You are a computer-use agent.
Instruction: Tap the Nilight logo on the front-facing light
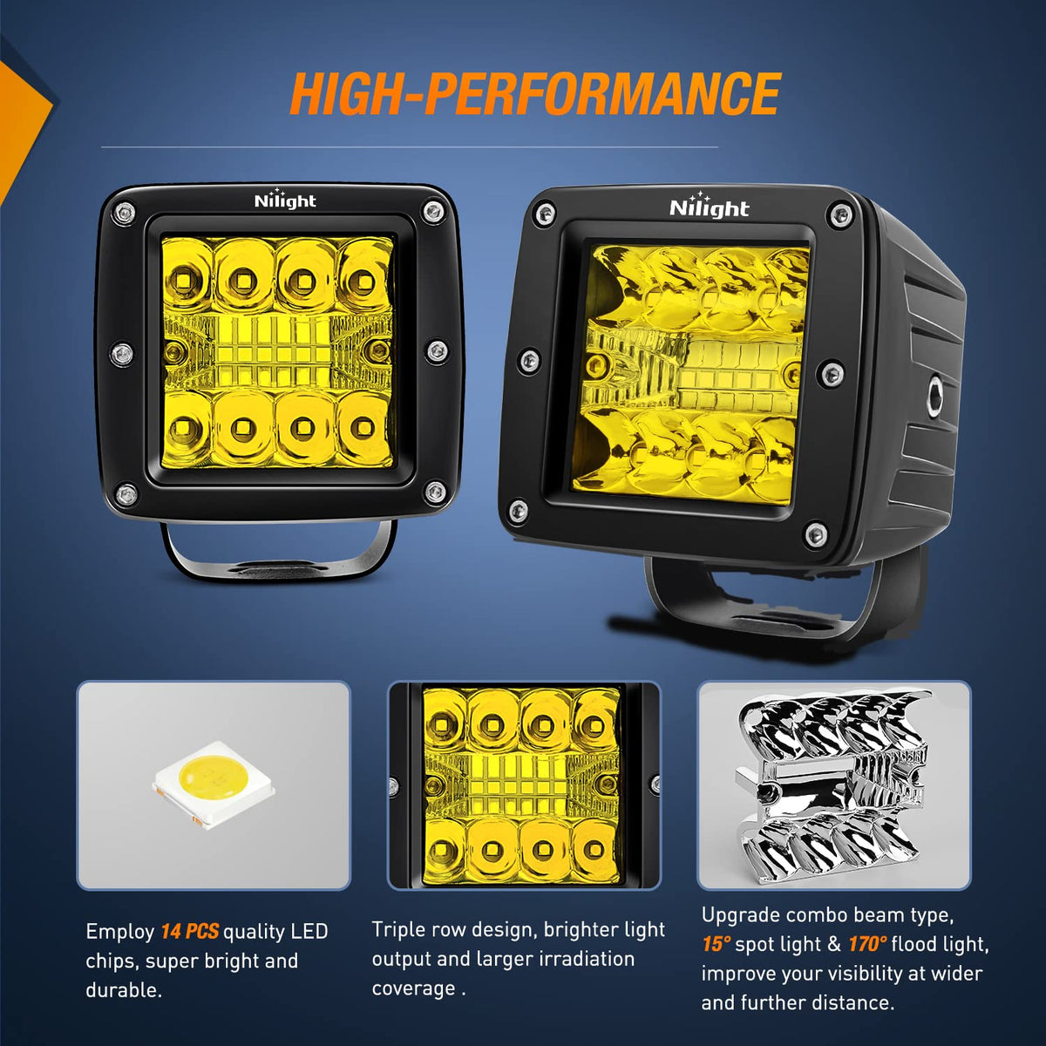click(x=285, y=200)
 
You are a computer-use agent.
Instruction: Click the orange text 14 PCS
click(x=190, y=931)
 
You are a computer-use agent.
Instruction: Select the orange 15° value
click(x=716, y=944)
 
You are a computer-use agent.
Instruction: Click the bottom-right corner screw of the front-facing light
click(x=435, y=492)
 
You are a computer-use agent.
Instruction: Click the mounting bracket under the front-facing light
click(x=277, y=551)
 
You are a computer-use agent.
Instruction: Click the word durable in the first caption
click(x=124, y=989)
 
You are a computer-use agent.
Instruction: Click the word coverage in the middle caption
click(x=414, y=988)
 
